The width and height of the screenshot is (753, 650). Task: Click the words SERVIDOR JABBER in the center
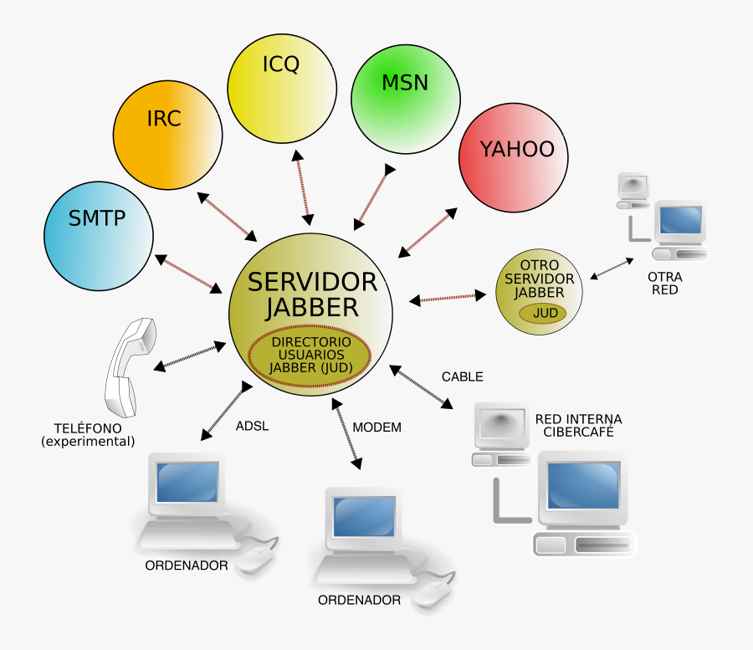coord(312,294)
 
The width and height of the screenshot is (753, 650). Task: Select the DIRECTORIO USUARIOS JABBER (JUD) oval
coord(311,355)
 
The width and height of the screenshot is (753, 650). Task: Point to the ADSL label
coord(252,426)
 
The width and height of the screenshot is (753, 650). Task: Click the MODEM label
coord(376,427)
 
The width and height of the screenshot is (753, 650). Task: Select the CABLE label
coord(462,376)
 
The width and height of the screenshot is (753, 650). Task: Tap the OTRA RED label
coord(665,283)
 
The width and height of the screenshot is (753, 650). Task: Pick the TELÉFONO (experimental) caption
coord(88,434)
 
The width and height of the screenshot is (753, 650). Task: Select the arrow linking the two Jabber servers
coord(447,297)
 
